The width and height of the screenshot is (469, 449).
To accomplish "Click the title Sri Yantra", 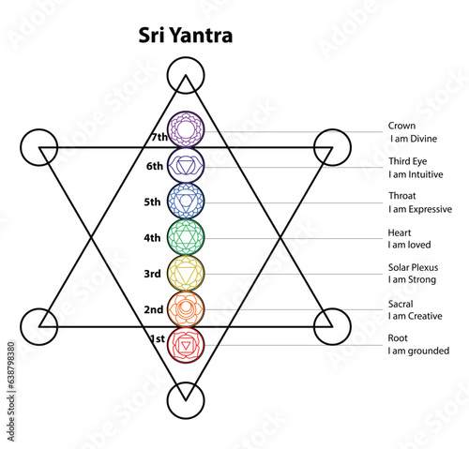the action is [186, 35].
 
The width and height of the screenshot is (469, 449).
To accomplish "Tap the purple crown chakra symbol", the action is [186, 129].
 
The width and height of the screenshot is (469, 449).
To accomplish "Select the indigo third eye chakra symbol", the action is [186, 165].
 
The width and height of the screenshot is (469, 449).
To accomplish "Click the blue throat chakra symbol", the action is [186, 202].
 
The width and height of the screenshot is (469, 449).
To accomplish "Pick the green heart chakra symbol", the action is [186, 237].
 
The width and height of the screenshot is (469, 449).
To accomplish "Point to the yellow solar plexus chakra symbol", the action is [186, 273].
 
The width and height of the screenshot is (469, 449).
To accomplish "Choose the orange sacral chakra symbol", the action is [186, 309].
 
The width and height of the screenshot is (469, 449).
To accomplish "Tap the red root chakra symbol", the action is [186, 345].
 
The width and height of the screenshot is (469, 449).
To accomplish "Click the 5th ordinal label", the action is [152, 202].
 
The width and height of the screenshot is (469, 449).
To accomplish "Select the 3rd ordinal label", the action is [152, 274].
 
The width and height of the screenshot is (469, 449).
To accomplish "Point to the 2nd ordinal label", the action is [154, 309].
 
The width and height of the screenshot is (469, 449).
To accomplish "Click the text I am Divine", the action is [414, 139].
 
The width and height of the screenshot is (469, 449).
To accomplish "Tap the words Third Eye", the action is [408, 161].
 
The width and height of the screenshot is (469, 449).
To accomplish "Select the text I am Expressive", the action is [420, 209].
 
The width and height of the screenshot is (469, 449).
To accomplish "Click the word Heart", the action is [400, 232].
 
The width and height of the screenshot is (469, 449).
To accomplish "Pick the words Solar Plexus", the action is [413, 267].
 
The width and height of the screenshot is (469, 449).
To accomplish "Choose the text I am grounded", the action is [418, 351].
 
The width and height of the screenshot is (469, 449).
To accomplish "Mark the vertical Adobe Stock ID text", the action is [11, 392].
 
